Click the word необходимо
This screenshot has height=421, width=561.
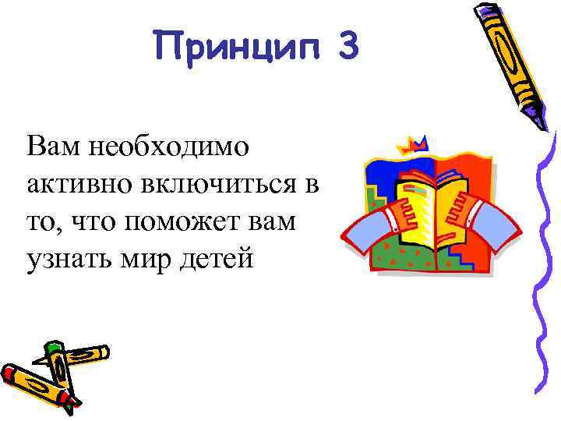tap(167, 144)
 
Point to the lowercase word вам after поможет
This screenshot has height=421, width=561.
tap(271, 221)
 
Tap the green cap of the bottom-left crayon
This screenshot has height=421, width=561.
tap(52, 349)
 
